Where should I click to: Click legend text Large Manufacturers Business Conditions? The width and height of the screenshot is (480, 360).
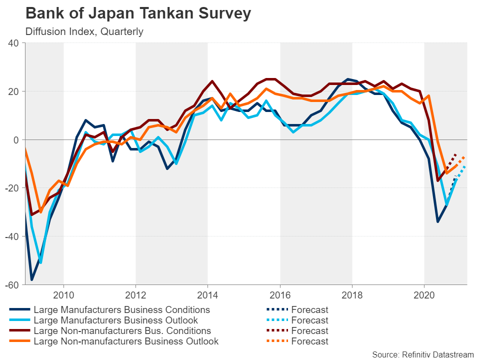[121, 310]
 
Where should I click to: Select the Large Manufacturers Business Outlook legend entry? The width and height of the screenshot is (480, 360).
[115, 320]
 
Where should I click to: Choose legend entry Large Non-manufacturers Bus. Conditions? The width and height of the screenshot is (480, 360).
[122, 331]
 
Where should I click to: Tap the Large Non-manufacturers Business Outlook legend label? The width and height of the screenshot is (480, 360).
[126, 341]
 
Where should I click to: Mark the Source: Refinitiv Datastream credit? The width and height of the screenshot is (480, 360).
[422, 354]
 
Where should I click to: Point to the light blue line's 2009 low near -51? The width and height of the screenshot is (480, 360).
[40, 262]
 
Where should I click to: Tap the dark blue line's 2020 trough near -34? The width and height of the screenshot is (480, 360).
[437, 221]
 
